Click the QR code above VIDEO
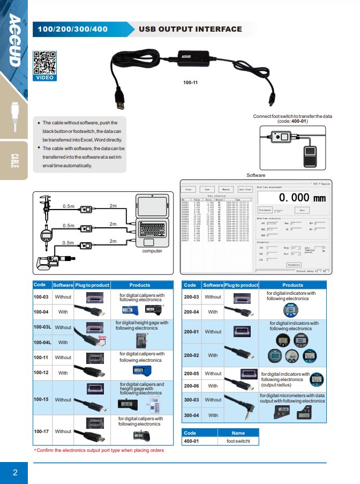pyautogui.click(x=44, y=63)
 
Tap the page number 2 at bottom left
pyautogui.click(x=15, y=472)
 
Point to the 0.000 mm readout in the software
pyautogui.click(x=302, y=198)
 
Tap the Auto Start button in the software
pyautogui.click(x=245, y=189)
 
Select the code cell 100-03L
pyautogui.click(x=42, y=327)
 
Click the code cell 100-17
pyautogui.click(x=41, y=431)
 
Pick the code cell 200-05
pyautogui.click(x=192, y=374)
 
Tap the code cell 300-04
pyautogui.click(x=192, y=415)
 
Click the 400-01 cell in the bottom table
pyautogui.click(x=192, y=441)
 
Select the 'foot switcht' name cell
pyautogui.click(x=238, y=441)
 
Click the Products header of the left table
pyautogui.click(x=140, y=285)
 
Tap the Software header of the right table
pyautogui.click(x=213, y=285)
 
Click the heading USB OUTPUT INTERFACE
pyautogui.click(x=190, y=29)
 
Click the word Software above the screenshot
pyautogui.click(x=256, y=175)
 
